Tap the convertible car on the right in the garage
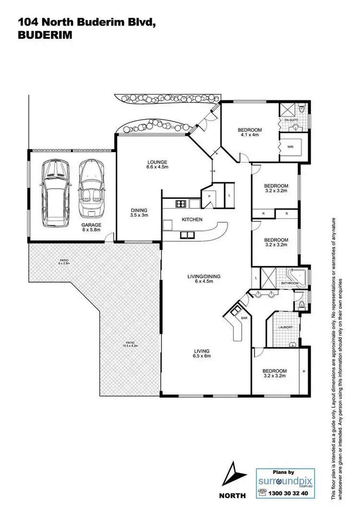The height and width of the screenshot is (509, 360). (91, 189)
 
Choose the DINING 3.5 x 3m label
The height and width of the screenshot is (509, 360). (140, 213)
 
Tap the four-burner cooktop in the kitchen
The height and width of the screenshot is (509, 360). (181, 204)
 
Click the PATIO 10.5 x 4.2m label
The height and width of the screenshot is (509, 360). (130, 345)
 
